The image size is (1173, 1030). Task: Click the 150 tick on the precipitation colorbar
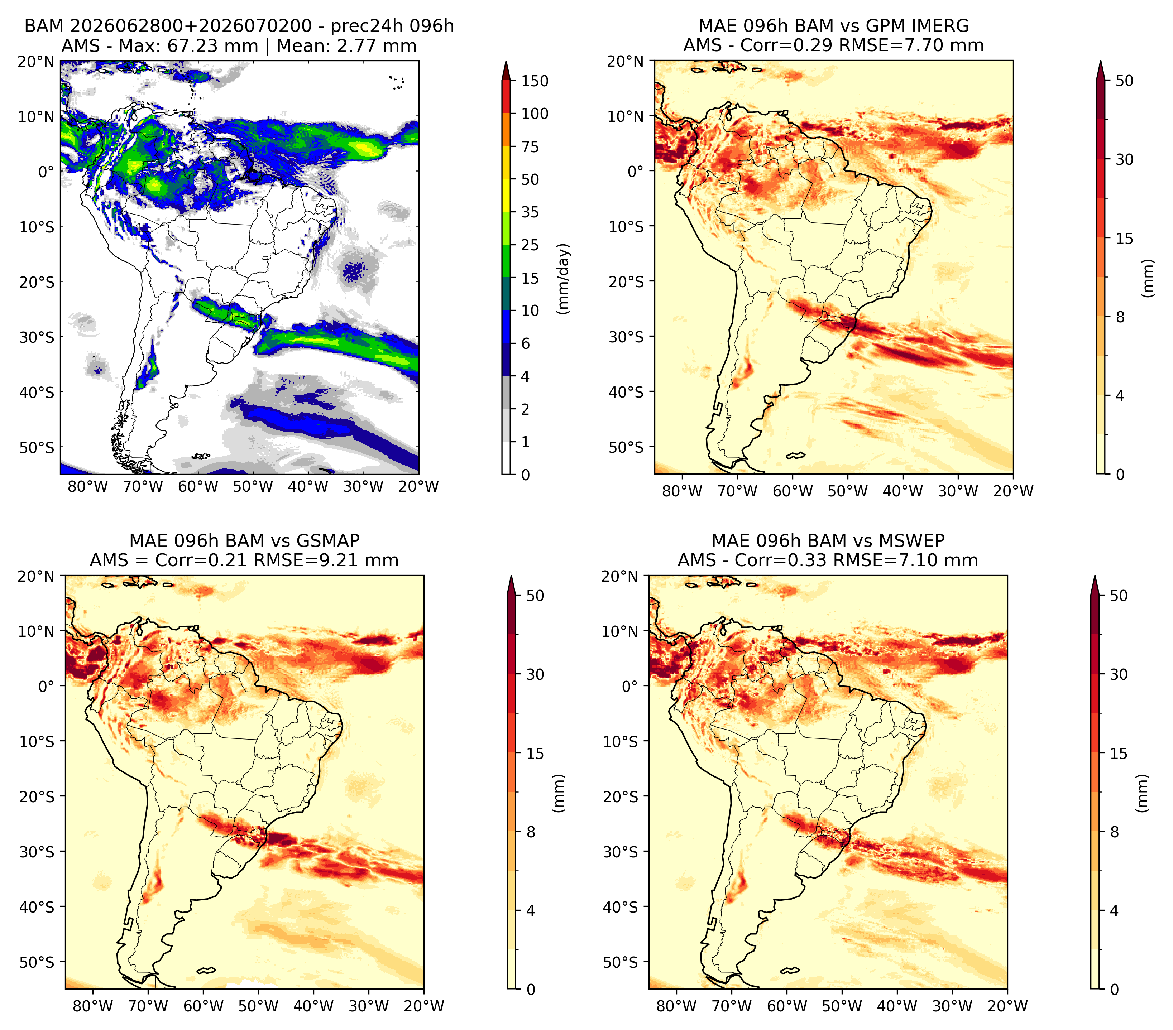(534, 81)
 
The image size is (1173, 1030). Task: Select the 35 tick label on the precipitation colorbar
(530, 212)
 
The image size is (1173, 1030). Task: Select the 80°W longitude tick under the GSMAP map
(93, 1006)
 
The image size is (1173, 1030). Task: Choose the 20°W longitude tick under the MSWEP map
(1008, 1006)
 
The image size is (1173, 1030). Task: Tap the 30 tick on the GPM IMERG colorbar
(1124, 159)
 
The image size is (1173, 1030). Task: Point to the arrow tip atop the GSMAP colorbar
(511, 576)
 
